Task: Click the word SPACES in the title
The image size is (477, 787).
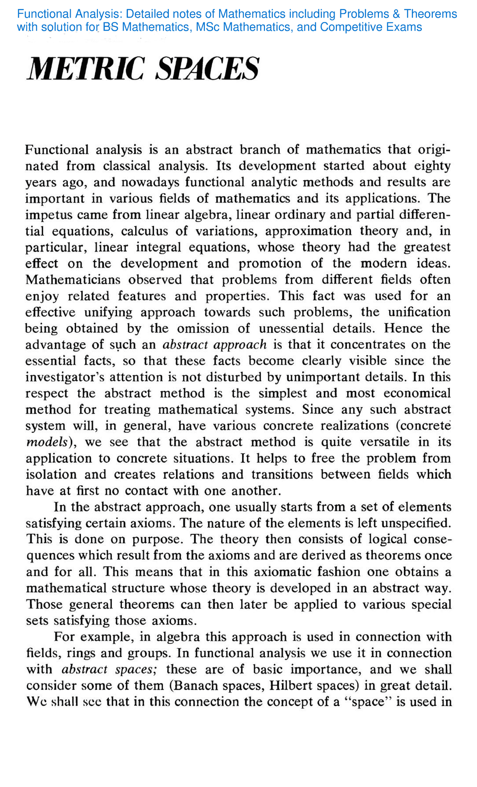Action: (208, 69)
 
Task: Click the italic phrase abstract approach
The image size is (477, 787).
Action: (215, 345)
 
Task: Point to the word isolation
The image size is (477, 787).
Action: (51, 475)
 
